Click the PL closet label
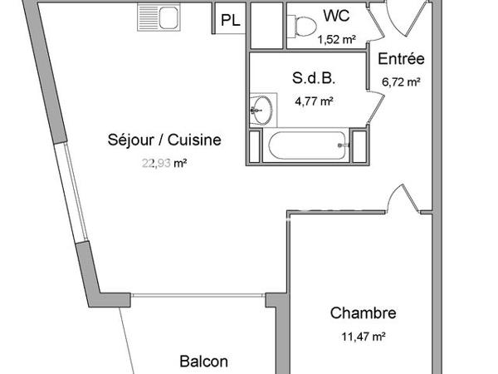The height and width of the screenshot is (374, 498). tap(231, 22)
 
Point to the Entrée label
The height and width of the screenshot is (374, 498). tap(401, 59)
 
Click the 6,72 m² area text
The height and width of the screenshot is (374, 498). tap(401, 81)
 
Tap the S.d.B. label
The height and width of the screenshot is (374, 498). tap(314, 80)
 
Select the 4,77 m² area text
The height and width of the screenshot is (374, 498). tap(314, 101)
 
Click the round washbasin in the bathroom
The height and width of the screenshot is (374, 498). tap(261, 108)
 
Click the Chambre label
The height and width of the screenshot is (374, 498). tap(363, 313)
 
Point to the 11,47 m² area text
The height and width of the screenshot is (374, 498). tap(363, 336)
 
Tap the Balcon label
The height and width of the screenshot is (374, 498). tap(204, 362)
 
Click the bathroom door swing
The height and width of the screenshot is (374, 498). tap(375, 106)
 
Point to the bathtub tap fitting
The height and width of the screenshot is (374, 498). tap(341, 146)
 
